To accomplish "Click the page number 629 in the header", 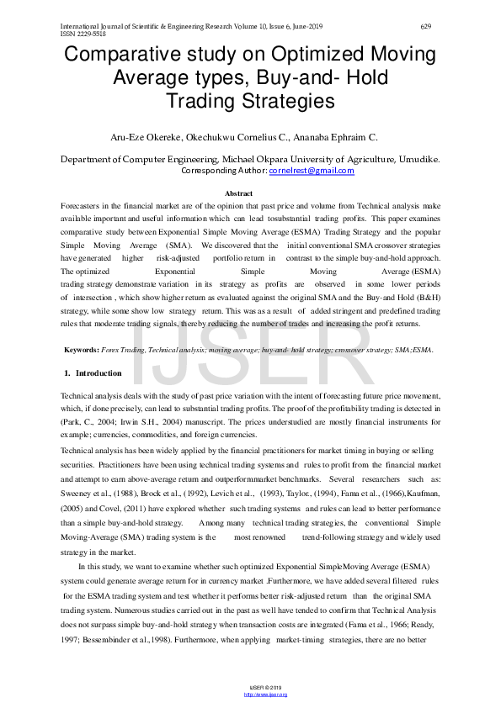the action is point(425,27).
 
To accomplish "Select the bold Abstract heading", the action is point(250,193).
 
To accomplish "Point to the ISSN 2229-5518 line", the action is point(82,34).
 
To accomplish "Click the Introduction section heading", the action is point(99,372).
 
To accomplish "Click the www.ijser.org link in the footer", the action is point(265,695).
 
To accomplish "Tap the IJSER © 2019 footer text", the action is point(265,688).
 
